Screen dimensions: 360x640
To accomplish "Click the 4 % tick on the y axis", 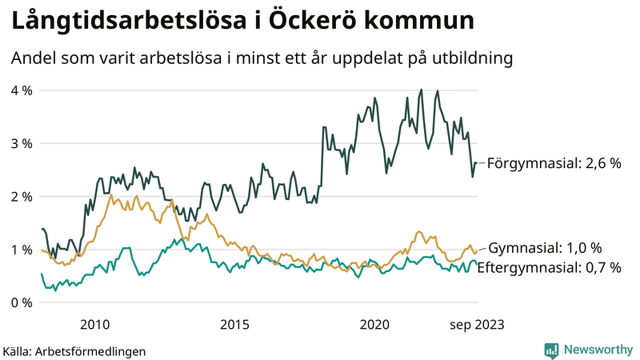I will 21,90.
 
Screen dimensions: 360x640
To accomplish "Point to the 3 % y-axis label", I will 21,143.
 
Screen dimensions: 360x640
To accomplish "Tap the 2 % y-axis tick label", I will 21,197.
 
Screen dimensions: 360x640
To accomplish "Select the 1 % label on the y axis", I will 21,250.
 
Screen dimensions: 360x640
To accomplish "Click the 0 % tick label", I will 21,302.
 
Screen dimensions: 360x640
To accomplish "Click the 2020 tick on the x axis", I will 374,324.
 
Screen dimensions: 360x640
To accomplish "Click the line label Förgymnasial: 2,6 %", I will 554,163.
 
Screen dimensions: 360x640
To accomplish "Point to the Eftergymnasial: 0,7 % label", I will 549,268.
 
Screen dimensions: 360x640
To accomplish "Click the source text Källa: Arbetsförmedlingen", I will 74,351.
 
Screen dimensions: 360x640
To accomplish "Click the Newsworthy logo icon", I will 551,350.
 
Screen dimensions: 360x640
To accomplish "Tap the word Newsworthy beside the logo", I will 598,350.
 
